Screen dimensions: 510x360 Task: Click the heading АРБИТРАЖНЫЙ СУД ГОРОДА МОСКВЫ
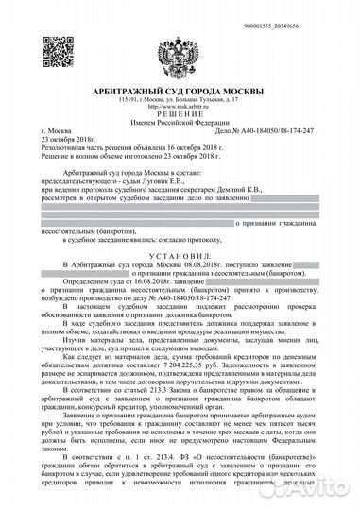[x=180, y=89]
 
